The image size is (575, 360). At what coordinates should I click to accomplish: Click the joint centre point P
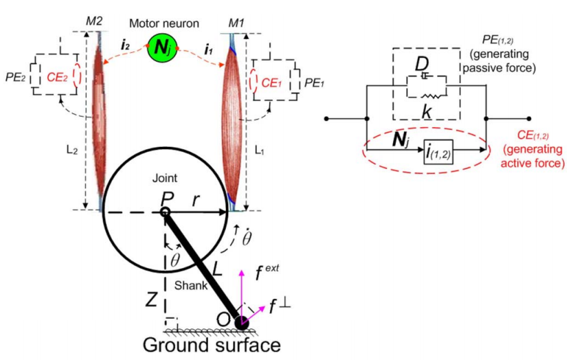165,212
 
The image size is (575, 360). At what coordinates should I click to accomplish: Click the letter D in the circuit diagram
422,65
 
